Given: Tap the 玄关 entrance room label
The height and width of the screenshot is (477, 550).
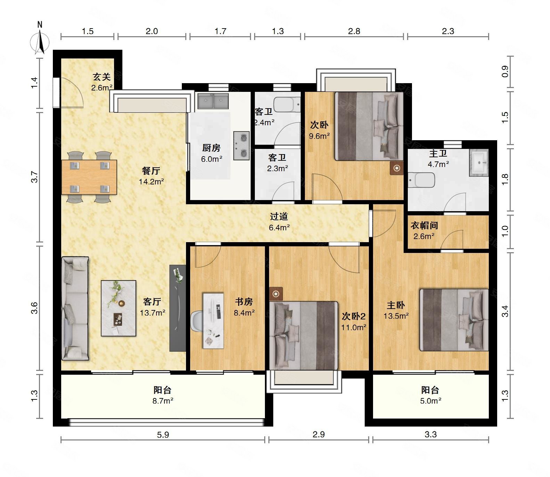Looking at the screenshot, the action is click(102, 77).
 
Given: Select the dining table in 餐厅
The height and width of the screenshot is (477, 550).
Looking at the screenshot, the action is click(89, 177).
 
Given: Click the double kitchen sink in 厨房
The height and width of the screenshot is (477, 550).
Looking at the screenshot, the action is click(213, 101).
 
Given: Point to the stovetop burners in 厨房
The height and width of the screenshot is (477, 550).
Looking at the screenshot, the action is click(241, 145).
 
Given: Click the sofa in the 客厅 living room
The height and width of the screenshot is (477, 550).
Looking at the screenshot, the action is click(75, 308).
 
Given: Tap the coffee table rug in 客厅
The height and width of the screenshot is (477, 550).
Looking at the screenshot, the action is click(118, 308).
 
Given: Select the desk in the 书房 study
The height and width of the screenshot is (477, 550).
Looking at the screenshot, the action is click(213, 320).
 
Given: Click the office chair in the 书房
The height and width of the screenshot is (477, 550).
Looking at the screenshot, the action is click(197, 320).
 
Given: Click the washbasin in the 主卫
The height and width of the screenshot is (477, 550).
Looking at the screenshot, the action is click(479, 162).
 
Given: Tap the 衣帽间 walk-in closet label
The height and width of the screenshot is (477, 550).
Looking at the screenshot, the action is click(424, 225).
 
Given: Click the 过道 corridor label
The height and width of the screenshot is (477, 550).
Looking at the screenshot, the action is click(279, 216).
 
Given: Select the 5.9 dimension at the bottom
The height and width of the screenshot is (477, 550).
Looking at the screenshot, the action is click(163, 435).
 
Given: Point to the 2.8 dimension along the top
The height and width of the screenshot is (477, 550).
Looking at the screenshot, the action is click(354, 31).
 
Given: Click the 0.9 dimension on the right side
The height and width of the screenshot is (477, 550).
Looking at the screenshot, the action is click(505, 72).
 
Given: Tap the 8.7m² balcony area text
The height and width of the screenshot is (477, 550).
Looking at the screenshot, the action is click(163, 401).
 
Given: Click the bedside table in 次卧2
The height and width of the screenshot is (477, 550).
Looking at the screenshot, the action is click(276, 294).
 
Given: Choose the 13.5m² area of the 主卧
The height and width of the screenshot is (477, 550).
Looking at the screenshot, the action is click(396, 316).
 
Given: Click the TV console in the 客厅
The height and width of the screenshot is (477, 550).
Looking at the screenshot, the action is click(178, 308).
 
